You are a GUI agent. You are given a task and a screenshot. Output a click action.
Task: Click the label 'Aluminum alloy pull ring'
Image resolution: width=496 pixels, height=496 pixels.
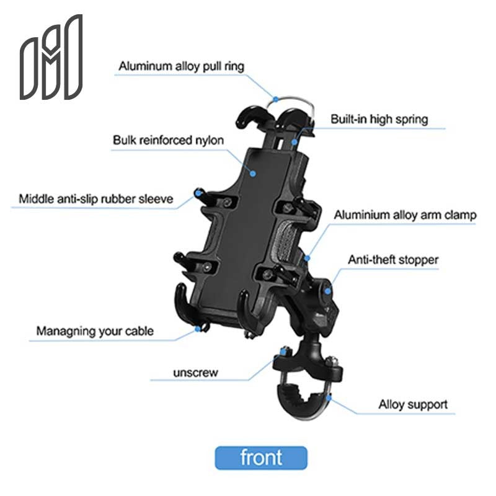[182, 65]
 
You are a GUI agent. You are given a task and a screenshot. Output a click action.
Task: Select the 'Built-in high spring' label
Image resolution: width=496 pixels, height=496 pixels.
[379, 118]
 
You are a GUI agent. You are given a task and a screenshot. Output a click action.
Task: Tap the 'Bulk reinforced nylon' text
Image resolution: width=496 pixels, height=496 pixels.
[168, 140]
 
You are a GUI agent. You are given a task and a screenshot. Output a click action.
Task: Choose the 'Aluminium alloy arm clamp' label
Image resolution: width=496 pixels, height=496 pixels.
[405, 215]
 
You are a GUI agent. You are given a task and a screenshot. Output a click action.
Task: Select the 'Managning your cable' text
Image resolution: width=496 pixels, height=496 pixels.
[94, 330]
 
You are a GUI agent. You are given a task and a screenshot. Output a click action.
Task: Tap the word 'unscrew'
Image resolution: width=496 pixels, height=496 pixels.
[195, 373]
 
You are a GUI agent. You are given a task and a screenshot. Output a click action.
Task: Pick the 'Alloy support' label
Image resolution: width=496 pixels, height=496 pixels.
[413, 405]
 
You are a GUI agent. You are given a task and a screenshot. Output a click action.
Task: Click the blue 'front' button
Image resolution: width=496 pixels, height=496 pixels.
[261, 458]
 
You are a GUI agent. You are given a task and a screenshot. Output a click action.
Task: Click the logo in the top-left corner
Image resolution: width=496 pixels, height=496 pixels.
[51, 58]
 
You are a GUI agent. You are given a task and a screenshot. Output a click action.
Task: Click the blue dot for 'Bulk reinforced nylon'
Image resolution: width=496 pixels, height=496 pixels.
[253, 173]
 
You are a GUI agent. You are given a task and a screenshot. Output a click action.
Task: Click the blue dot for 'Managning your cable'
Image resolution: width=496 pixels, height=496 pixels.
[199, 329]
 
